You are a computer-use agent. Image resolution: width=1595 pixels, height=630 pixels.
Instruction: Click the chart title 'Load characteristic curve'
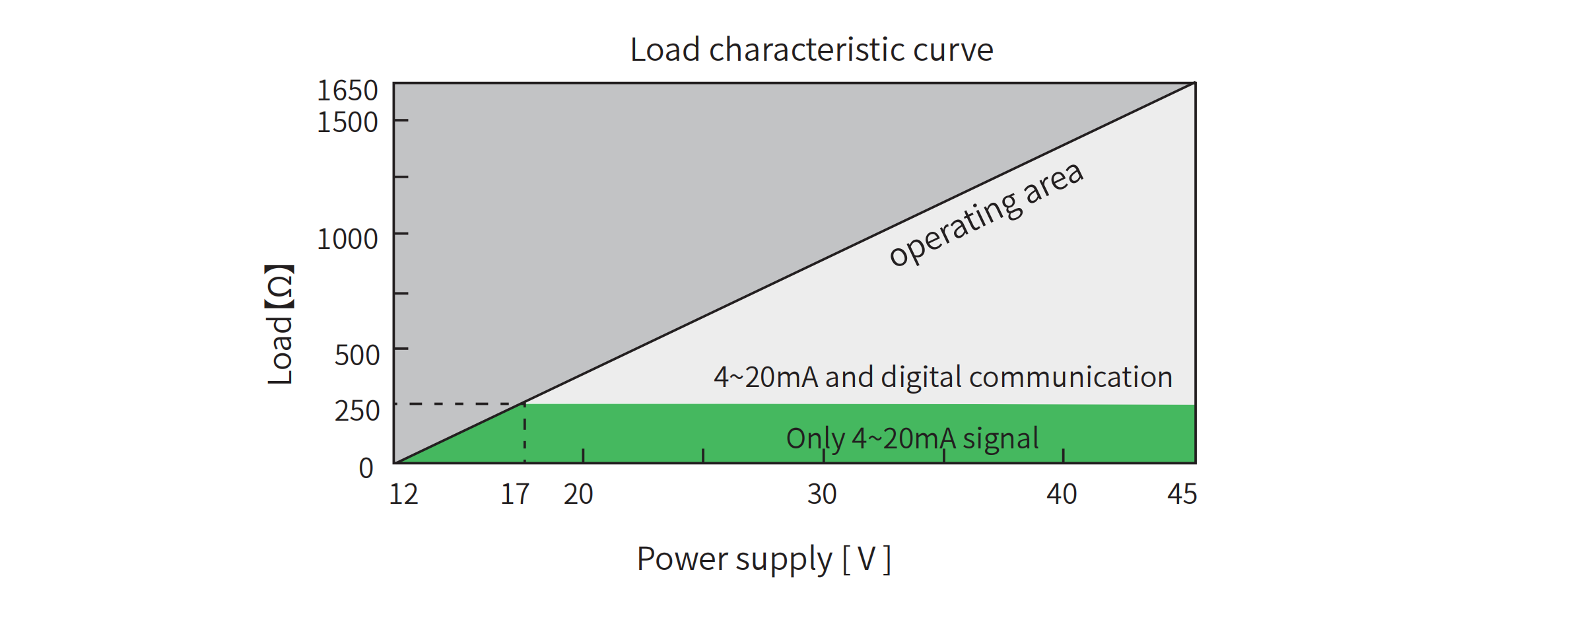811,50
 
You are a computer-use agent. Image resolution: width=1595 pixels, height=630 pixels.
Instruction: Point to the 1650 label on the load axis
347,90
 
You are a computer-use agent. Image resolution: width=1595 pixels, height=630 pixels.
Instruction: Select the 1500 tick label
347,122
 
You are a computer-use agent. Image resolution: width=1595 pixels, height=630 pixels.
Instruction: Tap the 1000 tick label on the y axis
347,239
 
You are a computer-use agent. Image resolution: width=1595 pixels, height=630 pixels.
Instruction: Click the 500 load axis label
356,355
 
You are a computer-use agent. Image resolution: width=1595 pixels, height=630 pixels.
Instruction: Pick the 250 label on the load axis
356,411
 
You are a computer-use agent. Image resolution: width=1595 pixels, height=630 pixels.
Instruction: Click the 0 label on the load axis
366,468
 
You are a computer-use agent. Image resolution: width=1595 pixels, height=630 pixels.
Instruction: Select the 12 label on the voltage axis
403,494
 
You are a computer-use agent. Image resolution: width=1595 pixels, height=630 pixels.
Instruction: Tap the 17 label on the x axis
515,494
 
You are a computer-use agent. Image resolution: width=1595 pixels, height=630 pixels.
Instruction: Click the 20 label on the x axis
578,494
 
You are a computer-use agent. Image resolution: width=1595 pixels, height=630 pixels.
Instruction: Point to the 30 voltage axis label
822,494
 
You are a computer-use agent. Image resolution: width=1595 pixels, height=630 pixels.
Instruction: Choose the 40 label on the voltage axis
1062,494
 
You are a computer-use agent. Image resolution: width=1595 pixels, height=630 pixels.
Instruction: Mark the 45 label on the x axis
1182,494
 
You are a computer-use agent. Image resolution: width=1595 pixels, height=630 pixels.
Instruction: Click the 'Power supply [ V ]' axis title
764,559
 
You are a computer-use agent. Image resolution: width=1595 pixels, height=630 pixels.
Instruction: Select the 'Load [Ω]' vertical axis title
280,324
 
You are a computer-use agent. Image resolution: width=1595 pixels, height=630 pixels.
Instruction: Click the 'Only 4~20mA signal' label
912,438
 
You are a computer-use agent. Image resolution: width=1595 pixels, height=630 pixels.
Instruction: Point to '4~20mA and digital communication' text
943,377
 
